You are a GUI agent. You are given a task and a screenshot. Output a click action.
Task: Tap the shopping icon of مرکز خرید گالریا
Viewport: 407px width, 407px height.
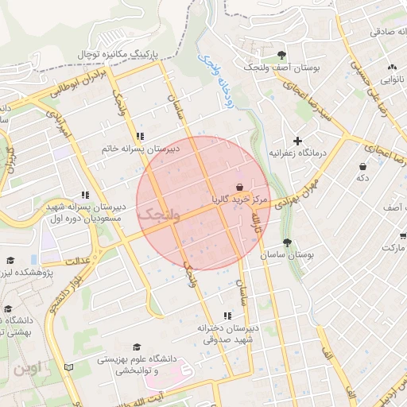pos(240,186)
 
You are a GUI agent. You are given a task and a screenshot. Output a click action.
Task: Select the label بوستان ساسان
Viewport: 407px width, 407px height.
pos(288,255)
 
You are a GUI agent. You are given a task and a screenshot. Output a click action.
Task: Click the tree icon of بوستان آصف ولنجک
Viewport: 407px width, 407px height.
pos(282,55)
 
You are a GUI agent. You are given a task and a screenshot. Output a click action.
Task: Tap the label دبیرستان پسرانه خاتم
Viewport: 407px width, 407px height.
pos(141,149)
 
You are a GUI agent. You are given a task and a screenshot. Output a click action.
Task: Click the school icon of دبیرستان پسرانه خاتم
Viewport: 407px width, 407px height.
pos(141,136)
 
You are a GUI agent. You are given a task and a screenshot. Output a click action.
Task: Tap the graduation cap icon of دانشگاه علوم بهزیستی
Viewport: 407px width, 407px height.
pos(137,347)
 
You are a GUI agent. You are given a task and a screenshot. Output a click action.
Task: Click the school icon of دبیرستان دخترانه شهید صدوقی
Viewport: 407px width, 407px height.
pos(228,316)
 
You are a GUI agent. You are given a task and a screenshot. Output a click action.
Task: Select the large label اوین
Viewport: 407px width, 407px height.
pos(29,369)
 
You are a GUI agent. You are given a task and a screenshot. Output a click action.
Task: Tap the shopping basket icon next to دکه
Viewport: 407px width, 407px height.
pos(362,167)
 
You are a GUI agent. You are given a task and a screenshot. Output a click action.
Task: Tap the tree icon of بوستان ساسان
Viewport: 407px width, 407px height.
pos(287,243)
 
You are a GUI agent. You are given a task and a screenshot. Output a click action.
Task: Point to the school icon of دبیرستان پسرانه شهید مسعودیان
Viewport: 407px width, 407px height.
pos(84,194)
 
